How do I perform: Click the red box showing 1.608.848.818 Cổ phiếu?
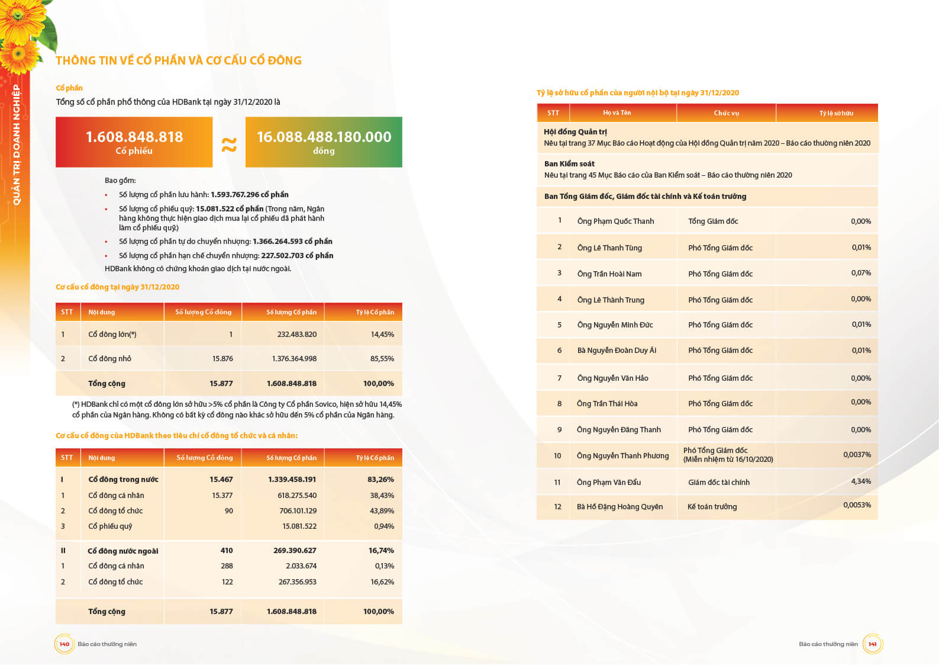pyautogui.click(x=134, y=142)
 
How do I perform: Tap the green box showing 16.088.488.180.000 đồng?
pyautogui.click(x=324, y=142)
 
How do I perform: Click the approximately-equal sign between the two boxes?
pyautogui.click(x=229, y=144)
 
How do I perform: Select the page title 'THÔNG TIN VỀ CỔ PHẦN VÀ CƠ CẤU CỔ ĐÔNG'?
pyautogui.click(x=179, y=60)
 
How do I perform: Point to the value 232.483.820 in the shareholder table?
pyautogui.click(x=297, y=335)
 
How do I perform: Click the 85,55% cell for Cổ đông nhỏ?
pyautogui.click(x=382, y=359)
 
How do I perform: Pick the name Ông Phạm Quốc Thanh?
pyautogui.click(x=615, y=221)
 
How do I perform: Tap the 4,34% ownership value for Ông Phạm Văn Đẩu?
pyautogui.click(x=861, y=481)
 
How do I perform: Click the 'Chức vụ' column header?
pyautogui.click(x=726, y=113)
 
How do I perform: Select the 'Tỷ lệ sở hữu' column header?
pyautogui.click(x=836, y=113)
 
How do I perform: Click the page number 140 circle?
pyautogui.click(x=64, y=644)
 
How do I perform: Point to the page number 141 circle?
pyautogui.click(x=872, y=644)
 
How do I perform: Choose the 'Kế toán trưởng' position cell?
pyautogui.click(x=712, y=507)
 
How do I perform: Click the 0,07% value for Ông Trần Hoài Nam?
pyautogui.click(x=861, y=273)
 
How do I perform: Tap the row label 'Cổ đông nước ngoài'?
pyautogui.click(x=123, y=551)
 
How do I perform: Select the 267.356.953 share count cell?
pyautogui.click(x=298, y=582)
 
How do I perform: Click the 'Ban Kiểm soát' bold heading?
pyautogui.click(x=569, y=164)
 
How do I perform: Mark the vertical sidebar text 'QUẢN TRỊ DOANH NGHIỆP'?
pyautogui.click(x=17, y=145)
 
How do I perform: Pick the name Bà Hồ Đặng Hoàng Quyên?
pyautogui.click(x=619, y=507)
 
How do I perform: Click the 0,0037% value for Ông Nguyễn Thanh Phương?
pyautogui.click(x=857, y=455)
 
